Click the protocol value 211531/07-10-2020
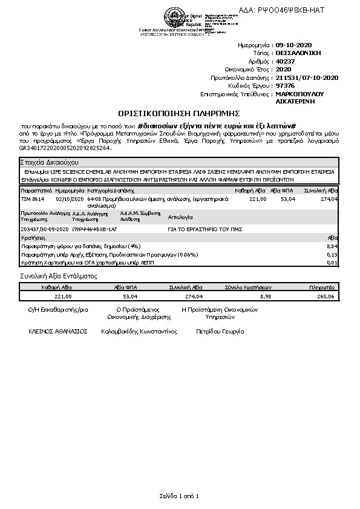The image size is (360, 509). (x=306, y=77)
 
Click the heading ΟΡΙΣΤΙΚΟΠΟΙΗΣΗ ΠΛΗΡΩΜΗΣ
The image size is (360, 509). (x=179, y=113)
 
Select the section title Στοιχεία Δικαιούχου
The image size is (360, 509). (x=48, y=163)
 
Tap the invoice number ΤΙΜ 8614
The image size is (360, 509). (x=33, y=199)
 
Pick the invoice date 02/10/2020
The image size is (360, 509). (x=68, y=199)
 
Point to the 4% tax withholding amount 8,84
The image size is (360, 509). (x=332, y=246)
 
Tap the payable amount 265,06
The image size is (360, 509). (x=326, y=297)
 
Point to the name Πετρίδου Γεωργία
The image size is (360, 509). (x=220, y=332)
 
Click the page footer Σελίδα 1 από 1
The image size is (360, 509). (x=179, y=496)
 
